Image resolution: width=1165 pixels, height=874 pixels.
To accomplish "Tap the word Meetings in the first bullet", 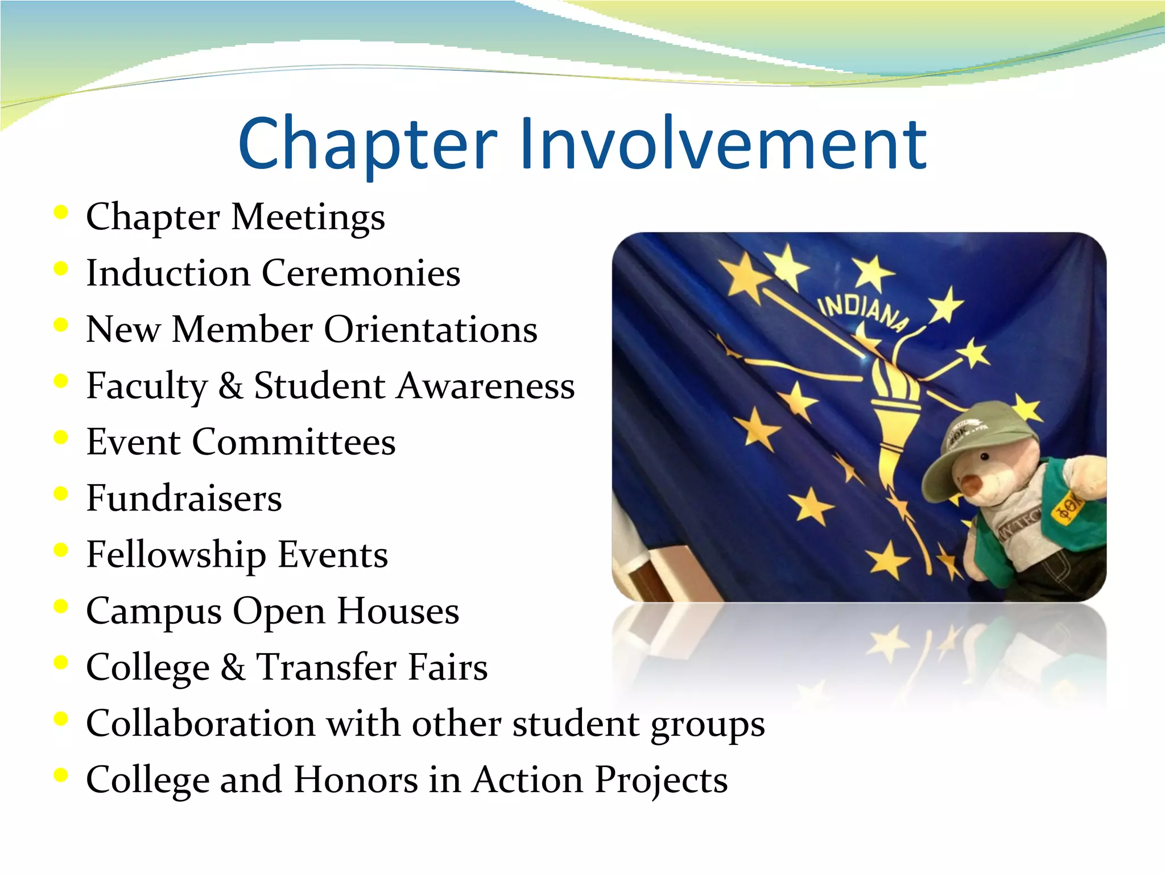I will (x=308, y=217).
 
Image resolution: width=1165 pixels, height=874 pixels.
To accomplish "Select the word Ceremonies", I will (x=361, y=273).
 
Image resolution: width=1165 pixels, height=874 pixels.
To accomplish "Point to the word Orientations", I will (x=431, y=329).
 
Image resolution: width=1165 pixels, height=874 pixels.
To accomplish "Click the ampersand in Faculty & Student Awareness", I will (x=230, y=386).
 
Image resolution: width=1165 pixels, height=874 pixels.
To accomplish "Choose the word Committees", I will (x=294, y=442).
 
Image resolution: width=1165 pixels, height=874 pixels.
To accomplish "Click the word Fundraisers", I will (x=184, y=498).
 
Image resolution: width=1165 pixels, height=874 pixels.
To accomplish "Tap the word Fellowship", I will (x=176, y=555).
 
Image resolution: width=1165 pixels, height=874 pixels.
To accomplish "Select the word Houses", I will (x=398, y=611).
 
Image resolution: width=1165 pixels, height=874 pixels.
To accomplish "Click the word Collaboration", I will (x=201, y=724).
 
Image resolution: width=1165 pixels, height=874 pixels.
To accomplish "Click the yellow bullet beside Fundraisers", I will (x=60, y=493).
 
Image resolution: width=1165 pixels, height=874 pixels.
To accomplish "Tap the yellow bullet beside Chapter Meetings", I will (x=60, y=212).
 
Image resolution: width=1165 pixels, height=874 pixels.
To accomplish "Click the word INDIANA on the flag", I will (x=862, y=312).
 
